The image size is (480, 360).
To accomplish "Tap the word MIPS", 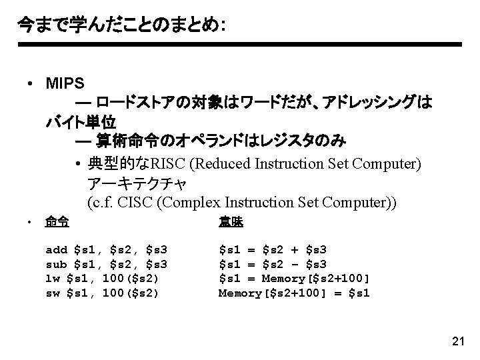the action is coord(65,84).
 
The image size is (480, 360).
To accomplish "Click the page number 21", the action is coord(457,342).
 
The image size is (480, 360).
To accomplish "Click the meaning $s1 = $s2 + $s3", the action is coord(273,250).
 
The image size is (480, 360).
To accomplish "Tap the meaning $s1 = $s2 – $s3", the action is coord(273,265).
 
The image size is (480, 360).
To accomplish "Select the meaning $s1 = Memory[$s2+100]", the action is coord(294,279).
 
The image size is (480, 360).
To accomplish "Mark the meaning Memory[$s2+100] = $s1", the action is coord(294,293).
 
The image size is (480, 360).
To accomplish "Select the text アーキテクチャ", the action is coord(137,182).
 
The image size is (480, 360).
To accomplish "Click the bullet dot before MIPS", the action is coord(31,85).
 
